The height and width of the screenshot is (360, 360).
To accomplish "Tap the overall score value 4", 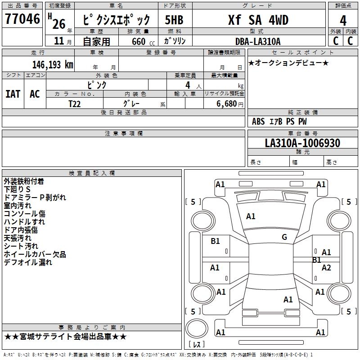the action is (x=343, y=20).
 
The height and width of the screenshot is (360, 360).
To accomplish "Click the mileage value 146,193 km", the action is (x=53, y=64).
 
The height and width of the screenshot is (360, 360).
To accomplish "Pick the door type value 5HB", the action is (x=174, y=20).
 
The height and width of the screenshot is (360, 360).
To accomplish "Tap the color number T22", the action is (x=75, y=103).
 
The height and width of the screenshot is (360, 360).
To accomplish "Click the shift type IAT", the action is (x=13, y=94).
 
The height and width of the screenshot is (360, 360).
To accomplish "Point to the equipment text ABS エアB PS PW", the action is (x=279, y=121).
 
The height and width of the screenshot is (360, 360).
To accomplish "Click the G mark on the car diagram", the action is (x=284, y=237).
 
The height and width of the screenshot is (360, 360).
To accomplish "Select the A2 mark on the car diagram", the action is (x=326, y=268).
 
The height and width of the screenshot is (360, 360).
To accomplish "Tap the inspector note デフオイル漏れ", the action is (x=28, y=262).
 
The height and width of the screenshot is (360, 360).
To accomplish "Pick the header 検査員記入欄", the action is (x=92, y=173).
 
